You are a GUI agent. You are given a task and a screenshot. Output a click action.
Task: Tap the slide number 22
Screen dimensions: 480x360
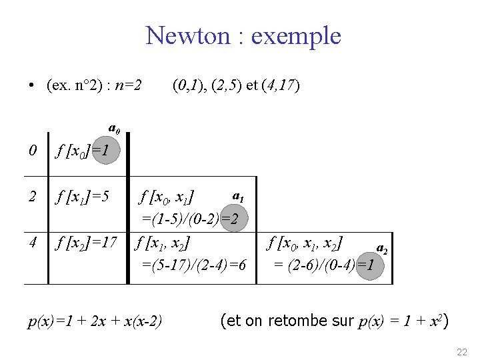pos(462,351)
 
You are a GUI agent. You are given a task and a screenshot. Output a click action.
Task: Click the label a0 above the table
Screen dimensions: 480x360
pos(115,127)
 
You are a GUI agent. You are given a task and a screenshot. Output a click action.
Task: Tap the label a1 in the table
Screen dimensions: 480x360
pos(238,197)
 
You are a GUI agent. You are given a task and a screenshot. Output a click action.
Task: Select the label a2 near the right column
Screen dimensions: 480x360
pos(382,248)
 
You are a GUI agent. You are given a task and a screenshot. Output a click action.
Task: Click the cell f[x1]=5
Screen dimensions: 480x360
pos(83,197)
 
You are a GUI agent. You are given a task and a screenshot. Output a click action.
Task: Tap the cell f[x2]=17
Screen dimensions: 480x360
pos(86,243)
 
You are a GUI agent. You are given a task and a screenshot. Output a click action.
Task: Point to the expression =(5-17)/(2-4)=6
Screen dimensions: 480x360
pos(194,265)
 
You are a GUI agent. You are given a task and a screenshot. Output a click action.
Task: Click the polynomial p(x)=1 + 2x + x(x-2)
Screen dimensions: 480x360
pos(95,323)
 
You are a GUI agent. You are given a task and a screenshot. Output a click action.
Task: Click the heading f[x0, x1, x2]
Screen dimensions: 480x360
pos(305,243)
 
